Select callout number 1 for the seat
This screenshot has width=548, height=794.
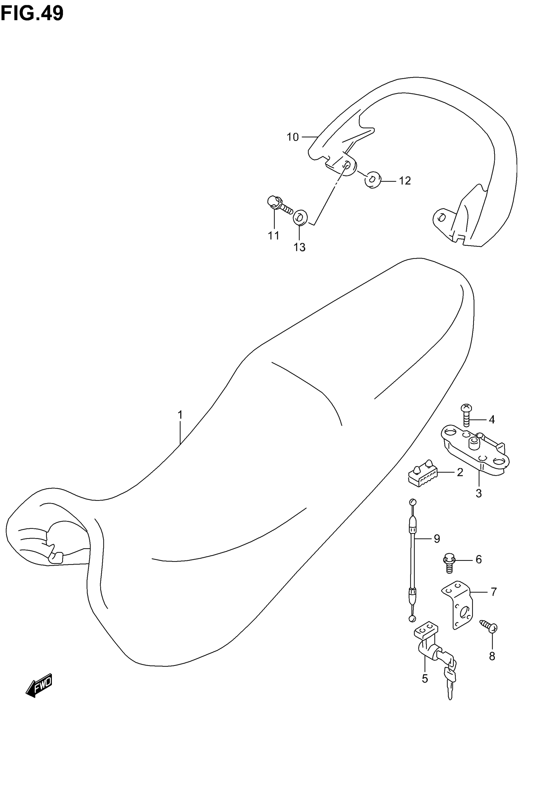click(180, 415)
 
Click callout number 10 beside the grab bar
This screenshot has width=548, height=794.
click(293, 137)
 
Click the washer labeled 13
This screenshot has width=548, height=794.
click(300, 217)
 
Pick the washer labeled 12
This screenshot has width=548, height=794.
click(372, 180)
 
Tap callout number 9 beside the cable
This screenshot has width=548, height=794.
click(437, 539)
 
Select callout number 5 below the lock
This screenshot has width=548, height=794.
click(425, 669)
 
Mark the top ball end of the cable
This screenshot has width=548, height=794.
click(413, 502)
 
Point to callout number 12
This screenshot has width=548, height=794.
click(405, 181)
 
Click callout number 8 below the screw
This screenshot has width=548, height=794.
click(492, 656)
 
